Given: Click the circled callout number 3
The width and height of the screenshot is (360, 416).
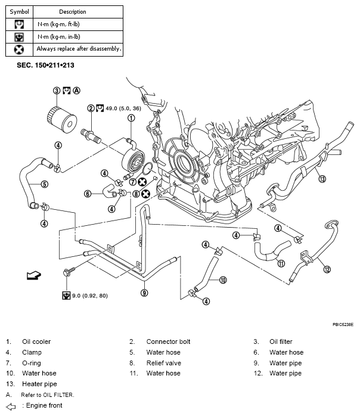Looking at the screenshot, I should point(57,91).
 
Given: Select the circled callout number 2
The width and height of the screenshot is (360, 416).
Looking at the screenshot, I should point(91,108).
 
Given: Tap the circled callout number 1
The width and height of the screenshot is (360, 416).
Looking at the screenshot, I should point(131,118).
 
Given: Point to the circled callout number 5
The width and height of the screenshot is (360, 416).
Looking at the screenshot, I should point(44,184).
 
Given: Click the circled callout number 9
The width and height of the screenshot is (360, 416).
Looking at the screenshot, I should point(144,293).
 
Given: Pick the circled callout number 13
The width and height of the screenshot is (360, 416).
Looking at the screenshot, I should point(322,178).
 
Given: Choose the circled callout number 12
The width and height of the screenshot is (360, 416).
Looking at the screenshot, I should point(326,269).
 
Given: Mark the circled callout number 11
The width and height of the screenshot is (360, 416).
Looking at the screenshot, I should point(281,263).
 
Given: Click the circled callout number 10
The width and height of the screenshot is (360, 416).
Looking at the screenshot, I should point(223,280).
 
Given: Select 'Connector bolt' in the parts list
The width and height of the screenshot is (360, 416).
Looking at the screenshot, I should point(168,342).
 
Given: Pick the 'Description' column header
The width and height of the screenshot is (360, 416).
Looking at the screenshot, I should point(73,11).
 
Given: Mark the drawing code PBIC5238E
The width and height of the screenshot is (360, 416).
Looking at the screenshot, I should point(343,325).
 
